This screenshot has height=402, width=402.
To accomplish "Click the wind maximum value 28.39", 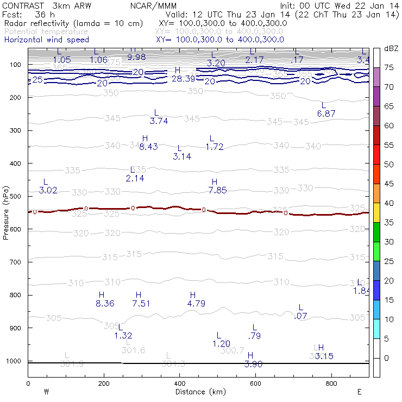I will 183,79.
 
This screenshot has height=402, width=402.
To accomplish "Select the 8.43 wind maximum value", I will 148,147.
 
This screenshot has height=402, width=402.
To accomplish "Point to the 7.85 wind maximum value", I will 217,190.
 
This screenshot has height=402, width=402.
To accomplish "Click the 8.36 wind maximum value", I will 105,304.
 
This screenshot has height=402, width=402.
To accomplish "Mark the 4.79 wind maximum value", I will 196,304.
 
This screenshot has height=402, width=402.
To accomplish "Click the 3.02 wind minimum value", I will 48,190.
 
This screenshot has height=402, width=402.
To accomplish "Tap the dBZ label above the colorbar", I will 390,48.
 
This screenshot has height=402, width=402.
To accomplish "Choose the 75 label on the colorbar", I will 388,68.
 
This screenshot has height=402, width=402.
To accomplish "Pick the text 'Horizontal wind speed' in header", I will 47,40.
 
